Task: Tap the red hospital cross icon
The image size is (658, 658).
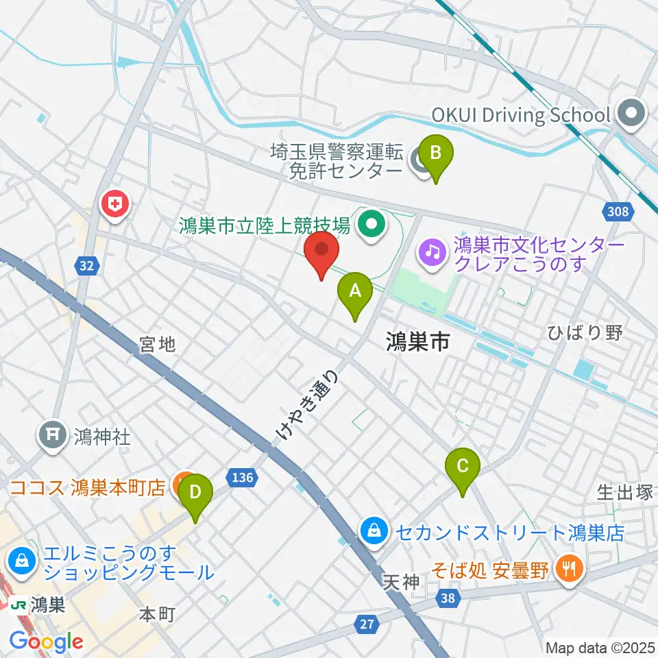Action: (x=114, y=204)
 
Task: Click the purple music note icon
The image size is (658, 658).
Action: (x=433, y=252)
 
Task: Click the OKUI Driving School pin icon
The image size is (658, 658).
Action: (x=632, y=114)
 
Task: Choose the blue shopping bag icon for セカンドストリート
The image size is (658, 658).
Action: (x=374, y=530)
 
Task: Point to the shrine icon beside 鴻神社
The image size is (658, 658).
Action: (x=53, y=435)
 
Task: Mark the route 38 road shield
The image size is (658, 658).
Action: (x=448, y=598)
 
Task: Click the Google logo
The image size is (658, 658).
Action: (x=46, y=642)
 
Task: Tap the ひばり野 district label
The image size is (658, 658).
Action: (x=585, y=333)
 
